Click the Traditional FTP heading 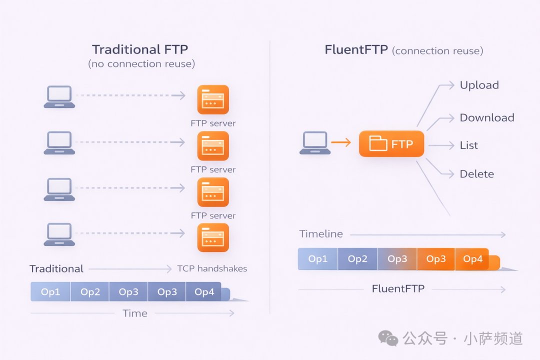tap(140, 49)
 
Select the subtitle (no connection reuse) tap(141, 64)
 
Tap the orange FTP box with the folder tap(391, 144)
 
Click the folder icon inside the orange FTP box tap(378, 143)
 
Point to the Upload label tap(479, 85)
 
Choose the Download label tap(486, 117)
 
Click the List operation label tap(468, 145)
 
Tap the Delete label tap(476, 174)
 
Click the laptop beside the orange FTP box tap(315, 143)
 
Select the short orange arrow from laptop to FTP tap(341, 143)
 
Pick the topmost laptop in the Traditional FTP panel tap(59, 97)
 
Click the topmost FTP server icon tap(213, 99)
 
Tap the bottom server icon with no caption tap(213, 237)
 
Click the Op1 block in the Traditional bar tap(50, 292)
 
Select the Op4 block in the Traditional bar tap(204, 292)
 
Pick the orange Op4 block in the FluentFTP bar tap(472, 259)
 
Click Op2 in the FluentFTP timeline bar tap(357, 259)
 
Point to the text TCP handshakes tap(212, 268)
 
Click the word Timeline tap(321, 234)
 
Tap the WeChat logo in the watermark tap(388, 338)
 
